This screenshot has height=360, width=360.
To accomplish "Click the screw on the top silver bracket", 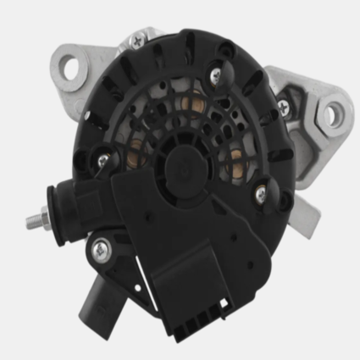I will click(138, 39).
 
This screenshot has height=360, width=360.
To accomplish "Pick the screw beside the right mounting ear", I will click(282, 105).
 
